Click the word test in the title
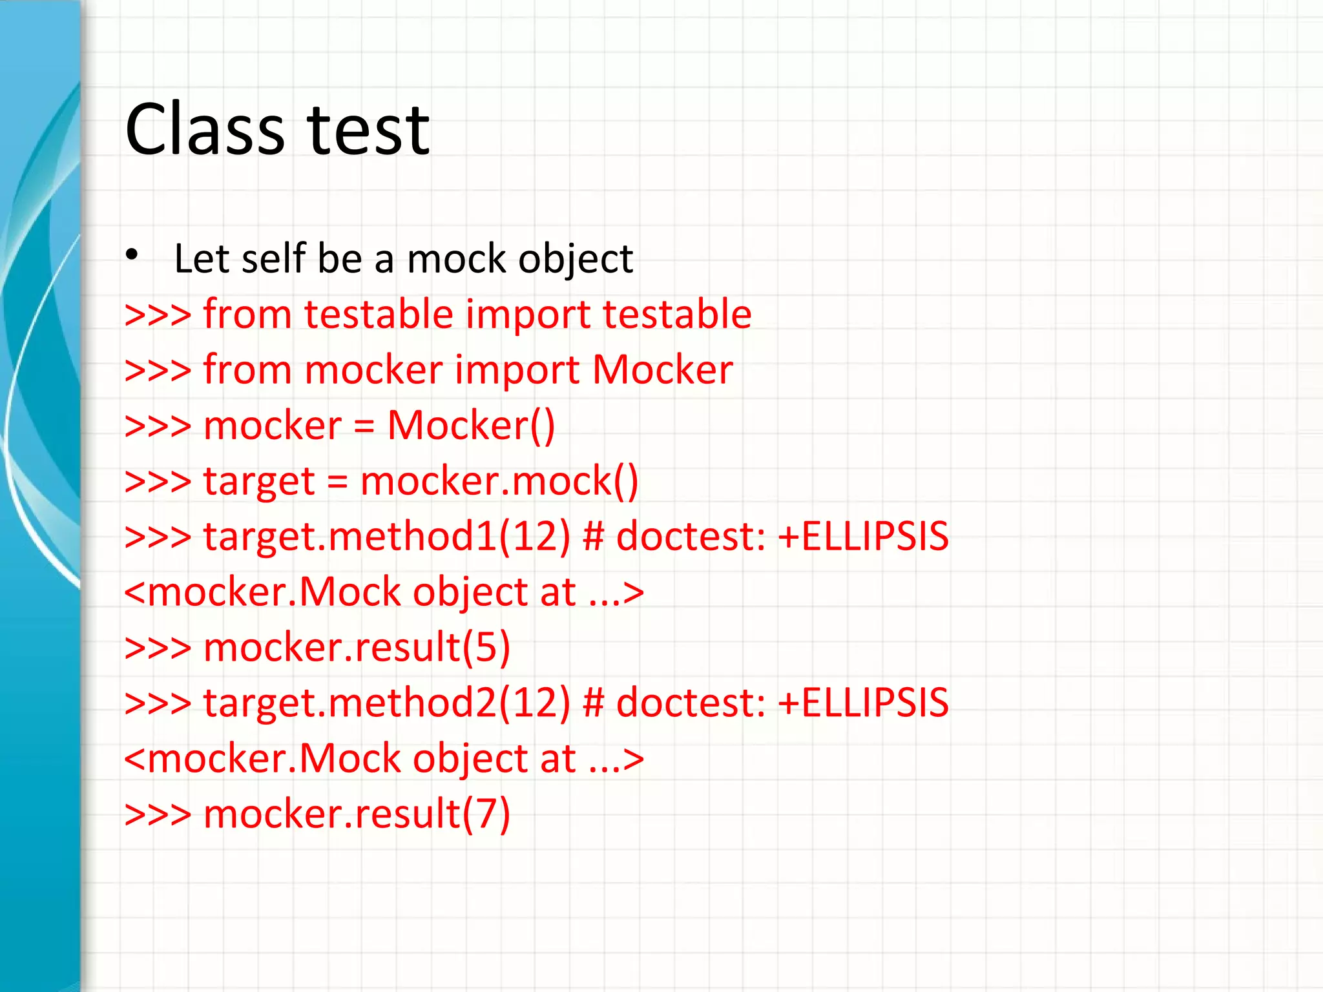(x=368, y=130)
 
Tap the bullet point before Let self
(x=132, y=255)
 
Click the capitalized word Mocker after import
(x=662, y=370)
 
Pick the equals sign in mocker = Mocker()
(x=364, y=426)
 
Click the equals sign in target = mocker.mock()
(x=337, y=482)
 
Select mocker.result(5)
(x=357, y=648)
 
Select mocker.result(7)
(x=357, y=814)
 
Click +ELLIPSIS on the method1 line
(x=863, y=537)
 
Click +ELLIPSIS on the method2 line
(x=863, y=703)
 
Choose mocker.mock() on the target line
(x=499, y=482)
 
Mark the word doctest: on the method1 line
(x=691, y=537)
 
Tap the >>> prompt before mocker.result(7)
(x=158, y=814)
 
